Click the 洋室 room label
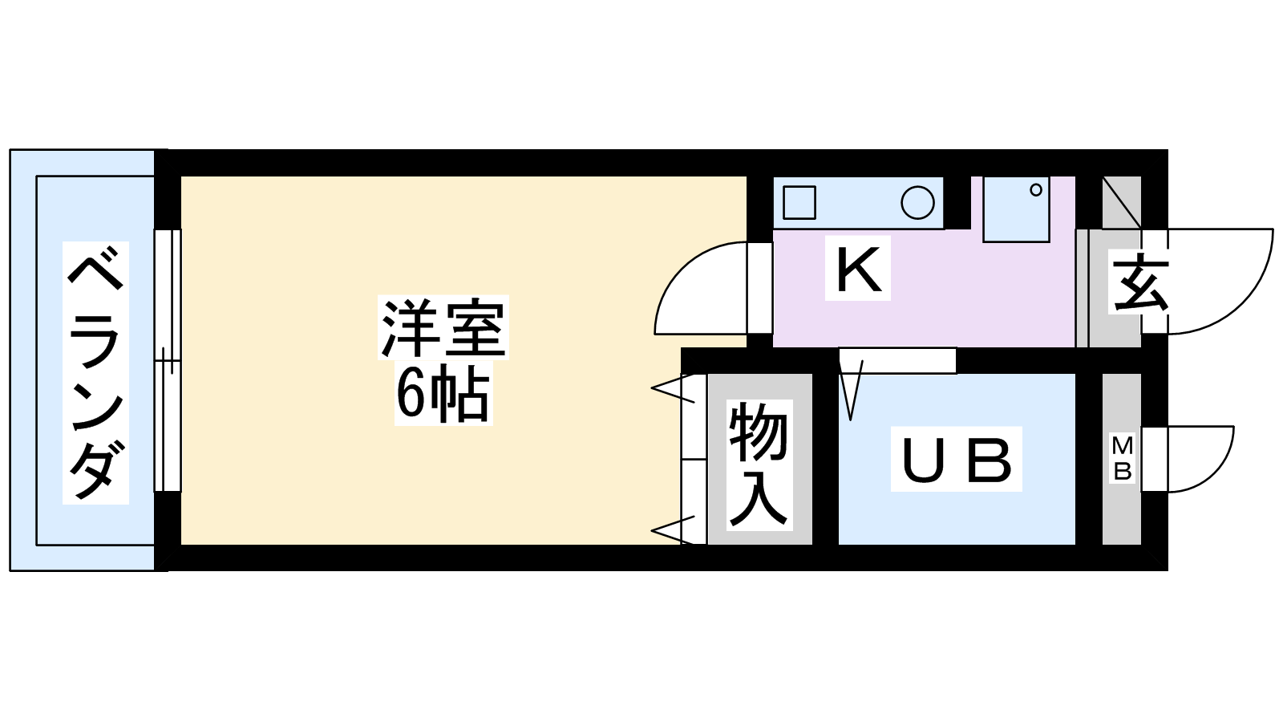443,327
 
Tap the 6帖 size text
443,395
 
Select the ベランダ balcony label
96,373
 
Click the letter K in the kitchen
858,270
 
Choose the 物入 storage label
759,465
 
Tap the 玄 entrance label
1140,283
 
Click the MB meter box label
1123,458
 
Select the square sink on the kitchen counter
799,202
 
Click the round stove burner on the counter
917,202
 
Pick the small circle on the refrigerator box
1035,190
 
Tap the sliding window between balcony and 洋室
168,360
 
